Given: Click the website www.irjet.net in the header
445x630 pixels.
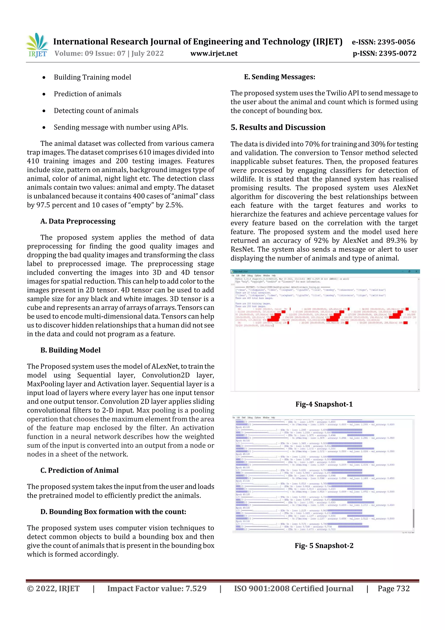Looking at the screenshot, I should pyautogui.click(x=214, y=53).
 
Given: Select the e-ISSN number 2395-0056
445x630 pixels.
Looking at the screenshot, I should pyautogui.click(x=396, y=42).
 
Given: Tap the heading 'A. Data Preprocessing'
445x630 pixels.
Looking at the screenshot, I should pyautogui.click(x=78, y=221).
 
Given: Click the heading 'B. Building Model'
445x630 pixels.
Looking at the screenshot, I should pyautogui.click(x=70, y=350).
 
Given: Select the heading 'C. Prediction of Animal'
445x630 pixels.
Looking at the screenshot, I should pyautogui.click(x=80, y=470).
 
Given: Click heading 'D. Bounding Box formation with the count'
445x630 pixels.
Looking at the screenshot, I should pyautogui.click(x=113, y=512).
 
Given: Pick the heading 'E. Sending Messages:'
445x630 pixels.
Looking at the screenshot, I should pyautogui.click(x=279, y=77).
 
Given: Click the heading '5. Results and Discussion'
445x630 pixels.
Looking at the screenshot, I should pyautogui.click(x=278, y=127).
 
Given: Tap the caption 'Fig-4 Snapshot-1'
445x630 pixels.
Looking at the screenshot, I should pyautogui.click(x=324, y=404).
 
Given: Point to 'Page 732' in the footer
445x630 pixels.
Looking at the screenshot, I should pyautogui.click(x=394, y=588).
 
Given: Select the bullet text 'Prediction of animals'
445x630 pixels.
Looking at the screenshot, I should pyautogui.click(x=88, y=94).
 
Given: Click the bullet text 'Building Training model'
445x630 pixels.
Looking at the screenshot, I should pyautogui.click(x=92, y=77).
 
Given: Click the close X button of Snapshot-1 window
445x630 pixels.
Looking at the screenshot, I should pyautogui.click(x=416, y=271).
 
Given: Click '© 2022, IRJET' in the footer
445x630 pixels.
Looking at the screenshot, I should pyautogui.click(x=53, y=588).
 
